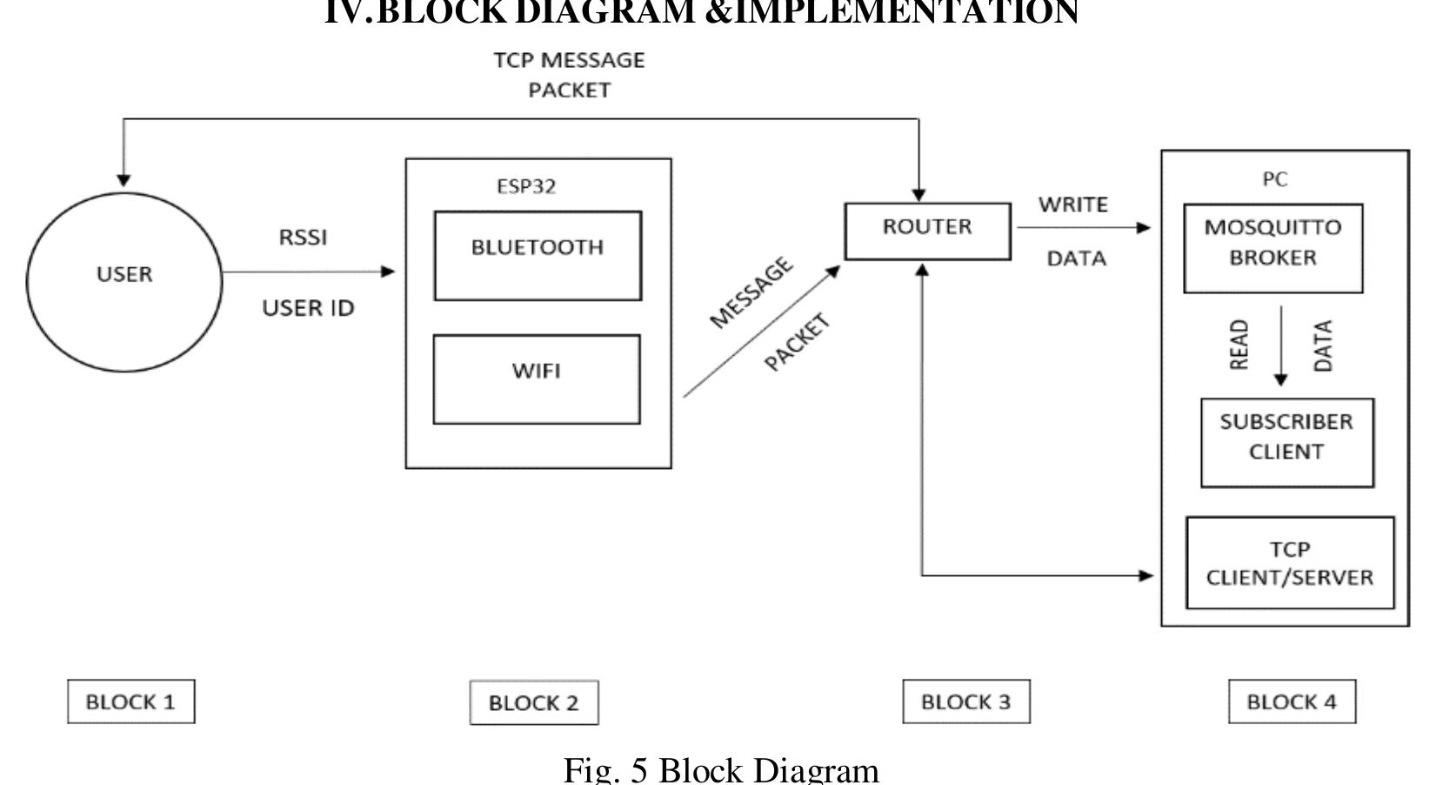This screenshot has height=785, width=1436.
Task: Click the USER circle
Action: [124, 281]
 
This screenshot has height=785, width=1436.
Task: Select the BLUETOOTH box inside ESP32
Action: [538, 255]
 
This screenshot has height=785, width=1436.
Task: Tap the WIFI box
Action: [537, 379]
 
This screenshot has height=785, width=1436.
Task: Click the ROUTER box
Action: [927, 231]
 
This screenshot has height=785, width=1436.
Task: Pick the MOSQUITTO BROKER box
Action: [1272, 248]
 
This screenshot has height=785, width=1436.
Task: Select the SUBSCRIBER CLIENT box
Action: [1286, 442]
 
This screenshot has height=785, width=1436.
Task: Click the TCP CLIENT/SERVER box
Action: [1289, 562]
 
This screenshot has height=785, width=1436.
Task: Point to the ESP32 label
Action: [526, 186]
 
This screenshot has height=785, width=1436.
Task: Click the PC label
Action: [1274, 179]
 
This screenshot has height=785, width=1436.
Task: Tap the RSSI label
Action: [303, 237]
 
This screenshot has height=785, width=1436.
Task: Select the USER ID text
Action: [308, 308]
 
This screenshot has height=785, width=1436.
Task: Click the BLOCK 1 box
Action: [130, 701]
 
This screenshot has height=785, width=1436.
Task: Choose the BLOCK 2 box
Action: [533, 702]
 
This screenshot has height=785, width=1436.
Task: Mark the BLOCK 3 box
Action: [965, 701]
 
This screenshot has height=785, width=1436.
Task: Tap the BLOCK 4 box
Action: [1292, 701]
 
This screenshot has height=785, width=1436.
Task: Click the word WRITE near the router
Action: [1072, 205]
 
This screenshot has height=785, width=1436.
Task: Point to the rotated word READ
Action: [1239, 345]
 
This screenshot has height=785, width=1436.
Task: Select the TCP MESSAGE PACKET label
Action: [569, 75]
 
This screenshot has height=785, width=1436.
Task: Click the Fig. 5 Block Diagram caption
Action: [721, 769]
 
